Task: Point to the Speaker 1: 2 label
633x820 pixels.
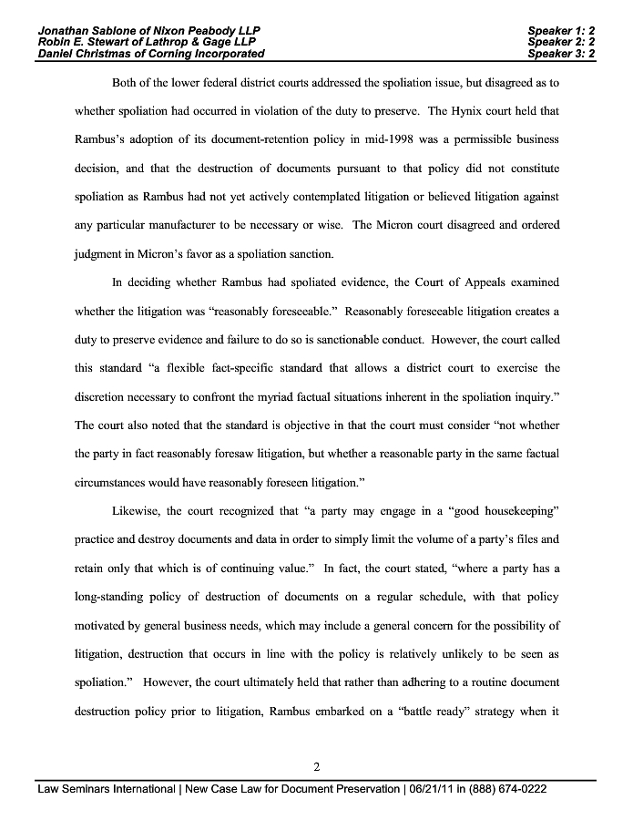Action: coord(561,30)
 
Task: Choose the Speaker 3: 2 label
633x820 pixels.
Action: coord(561,54)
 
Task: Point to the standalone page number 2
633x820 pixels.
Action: coord(316,766)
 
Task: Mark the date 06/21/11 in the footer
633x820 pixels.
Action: coord(430,789)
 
